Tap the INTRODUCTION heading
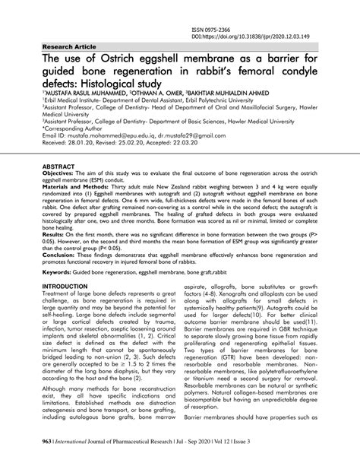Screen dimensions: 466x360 tap(69, 308)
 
